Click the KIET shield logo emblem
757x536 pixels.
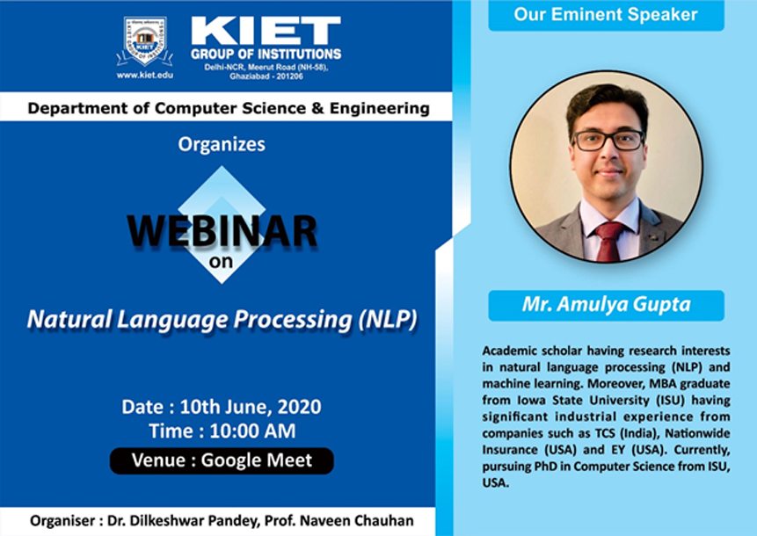[x=144, y=42]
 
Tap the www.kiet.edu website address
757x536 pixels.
[x=145, y=76]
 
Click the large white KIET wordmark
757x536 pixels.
[x=266, y=31]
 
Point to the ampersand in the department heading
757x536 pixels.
[x=317, y=109]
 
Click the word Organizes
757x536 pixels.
[x=222, y=144]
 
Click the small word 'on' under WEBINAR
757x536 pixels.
[x=221, y=262]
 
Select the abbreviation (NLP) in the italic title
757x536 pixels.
[x=388, y=319]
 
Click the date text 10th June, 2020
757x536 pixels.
[x=251, y=407]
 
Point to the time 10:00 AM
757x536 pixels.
[x=252, y=431]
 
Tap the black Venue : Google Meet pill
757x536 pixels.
[x=222, y=460]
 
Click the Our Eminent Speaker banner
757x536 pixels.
[x=606, y=15]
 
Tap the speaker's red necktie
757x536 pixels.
[x=609, y=242]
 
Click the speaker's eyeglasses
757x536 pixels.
[x=608, y=141]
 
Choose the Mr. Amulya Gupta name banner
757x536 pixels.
[x=607, y=306]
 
